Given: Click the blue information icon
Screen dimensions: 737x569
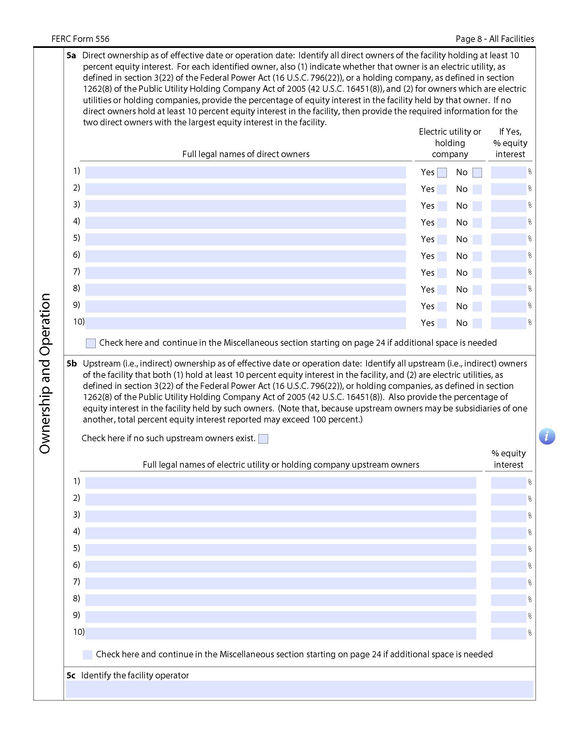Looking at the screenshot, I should pos(547,436).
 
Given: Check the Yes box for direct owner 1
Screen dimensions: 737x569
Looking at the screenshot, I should pos(441,173).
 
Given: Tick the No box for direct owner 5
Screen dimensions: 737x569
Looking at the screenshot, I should pos(477,239).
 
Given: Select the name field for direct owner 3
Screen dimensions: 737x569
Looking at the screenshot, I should pos(245,206).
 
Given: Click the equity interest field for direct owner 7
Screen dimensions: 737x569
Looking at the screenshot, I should pos(508,273).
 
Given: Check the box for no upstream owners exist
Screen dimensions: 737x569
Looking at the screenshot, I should pos(263,439).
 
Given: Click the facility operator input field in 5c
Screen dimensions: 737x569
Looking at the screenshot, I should pos(299,689).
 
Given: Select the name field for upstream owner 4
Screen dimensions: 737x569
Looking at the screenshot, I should pos(280,533).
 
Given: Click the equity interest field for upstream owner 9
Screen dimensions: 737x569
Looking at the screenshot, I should pos(508,616).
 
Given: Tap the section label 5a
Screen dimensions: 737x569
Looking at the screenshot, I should pos(71,56).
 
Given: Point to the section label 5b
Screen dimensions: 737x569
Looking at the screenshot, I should pos(72,363).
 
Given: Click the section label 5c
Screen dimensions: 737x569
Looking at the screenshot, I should pos(71,675).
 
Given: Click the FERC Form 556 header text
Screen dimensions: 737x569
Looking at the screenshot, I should pos(80,39).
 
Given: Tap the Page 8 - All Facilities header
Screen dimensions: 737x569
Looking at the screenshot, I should pos(494,39).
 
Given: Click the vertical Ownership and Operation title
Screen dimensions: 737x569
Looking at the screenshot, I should pos(45,373).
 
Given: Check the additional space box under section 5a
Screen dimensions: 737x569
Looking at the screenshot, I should pos(91,343).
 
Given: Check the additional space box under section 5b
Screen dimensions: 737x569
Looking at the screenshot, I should pos(87,655).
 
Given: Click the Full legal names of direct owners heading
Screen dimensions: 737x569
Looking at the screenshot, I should pos(246,154).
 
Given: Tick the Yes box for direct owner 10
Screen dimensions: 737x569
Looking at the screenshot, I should pos(441,323).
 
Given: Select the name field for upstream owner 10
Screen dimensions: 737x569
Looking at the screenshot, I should pos(280,633).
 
